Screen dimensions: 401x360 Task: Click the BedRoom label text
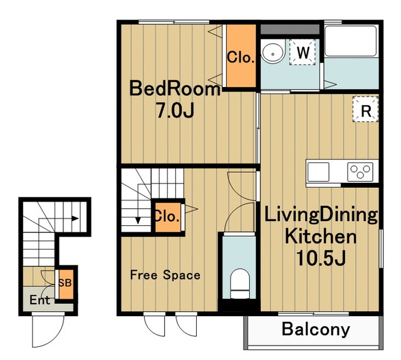pos(175,88)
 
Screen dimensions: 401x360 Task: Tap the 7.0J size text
pos(175,110)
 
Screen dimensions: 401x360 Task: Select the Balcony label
pos(316,329)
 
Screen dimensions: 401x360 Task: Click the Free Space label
pos(165,275)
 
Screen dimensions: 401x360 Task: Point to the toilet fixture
pos(240,284)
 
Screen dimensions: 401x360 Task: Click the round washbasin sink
pos(273,53)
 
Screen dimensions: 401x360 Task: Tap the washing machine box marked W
pos(303,53)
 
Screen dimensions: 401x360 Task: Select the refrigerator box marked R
pos(366,109)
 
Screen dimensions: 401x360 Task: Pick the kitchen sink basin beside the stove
pos(318,172)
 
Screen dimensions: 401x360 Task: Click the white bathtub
pos(350,41)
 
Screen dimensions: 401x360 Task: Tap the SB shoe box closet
pos(66,284)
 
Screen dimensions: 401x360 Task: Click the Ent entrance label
pos(39,300)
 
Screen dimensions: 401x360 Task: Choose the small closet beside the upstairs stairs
pos(168,217)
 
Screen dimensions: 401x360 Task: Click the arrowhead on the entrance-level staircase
pos(75,219)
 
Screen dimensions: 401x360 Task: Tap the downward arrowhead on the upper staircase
pos(138,220)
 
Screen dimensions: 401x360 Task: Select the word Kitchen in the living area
pos(320,236)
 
